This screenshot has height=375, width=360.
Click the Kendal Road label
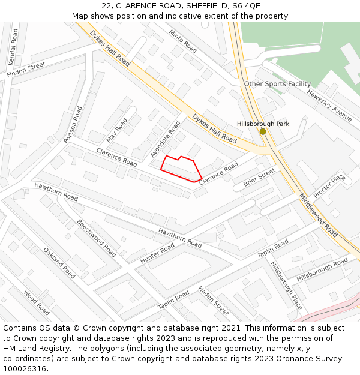pyautogui.click(x=14, y=40)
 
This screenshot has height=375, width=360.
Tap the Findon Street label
pyautogui.click(x=26, y=70)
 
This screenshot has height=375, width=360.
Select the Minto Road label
pyautogui.click(x=183, y=40)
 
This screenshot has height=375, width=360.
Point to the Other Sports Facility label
pyautogui.click(x=277, y=84)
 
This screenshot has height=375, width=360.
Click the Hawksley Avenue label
pyautogui.click(x=329, y=106)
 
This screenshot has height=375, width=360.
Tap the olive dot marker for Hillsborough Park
pyautogui.click(x=263, y=131)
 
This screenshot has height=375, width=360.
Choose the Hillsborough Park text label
pyautogui.click(x=263, y=124)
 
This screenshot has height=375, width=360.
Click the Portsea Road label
pyautogui.click(x=73, y=125)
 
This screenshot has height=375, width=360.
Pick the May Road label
pyautogui.click(x=117, y=130)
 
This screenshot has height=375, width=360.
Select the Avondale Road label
pyautogui.click(x=165, y=139)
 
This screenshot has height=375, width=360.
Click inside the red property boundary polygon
pyautogui.click(x=180, y=168)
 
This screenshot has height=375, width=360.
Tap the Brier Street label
pyautogui.click(x=259, y=177)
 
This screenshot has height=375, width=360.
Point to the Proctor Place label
pyautogui.click(x=329, y=186)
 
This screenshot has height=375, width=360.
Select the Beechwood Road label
pyautogui.click(x=97, y=238)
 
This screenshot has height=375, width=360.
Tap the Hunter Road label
pyautogui.click(x=157, y=253)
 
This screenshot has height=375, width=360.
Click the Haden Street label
pyautogui.click(x=214, y=301)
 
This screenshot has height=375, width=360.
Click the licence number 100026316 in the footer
pyautogui.click(x=25, y=368)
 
